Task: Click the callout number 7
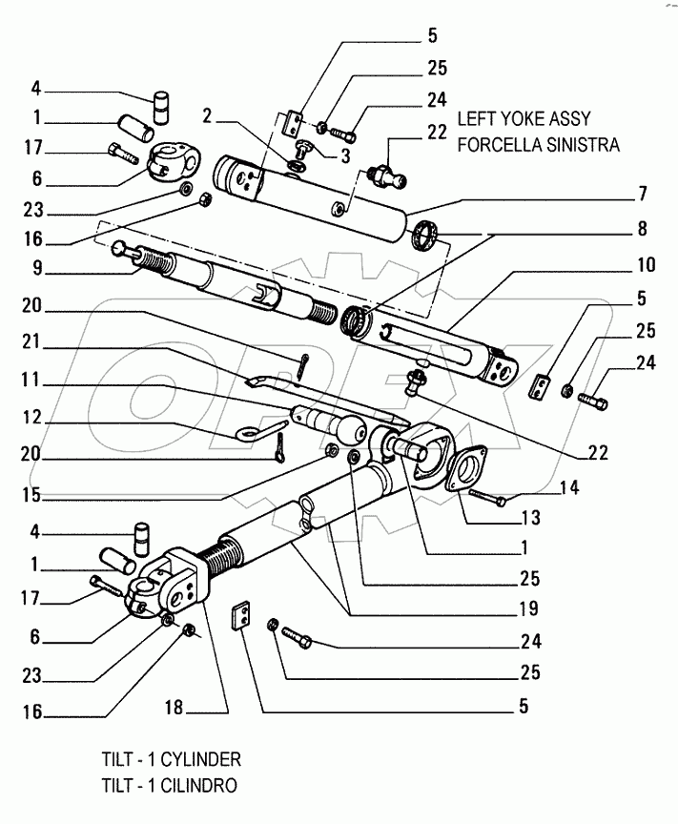(x=644, y=195)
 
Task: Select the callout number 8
(x=644, y=229)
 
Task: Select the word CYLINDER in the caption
(x=197, y=760)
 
